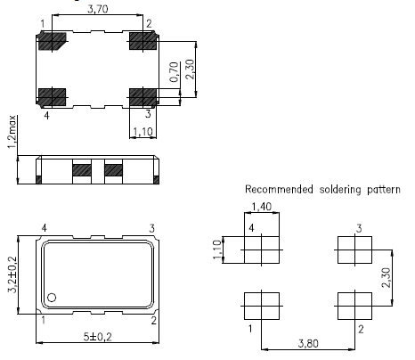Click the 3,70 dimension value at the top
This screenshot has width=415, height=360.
[97, 9]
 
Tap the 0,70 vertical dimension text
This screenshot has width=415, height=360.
[175, 72]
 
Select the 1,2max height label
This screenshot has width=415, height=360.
[12, 132]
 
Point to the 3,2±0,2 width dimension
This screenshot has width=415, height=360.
[12, 274]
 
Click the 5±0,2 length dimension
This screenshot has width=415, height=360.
[97, 337]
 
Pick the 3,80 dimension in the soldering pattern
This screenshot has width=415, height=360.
[308, 344]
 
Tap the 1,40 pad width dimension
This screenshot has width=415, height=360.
[261, 207]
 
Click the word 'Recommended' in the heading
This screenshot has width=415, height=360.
[279, 190]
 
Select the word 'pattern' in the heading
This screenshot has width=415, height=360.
[384, 190]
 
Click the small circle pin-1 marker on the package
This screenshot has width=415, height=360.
[52, 298]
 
